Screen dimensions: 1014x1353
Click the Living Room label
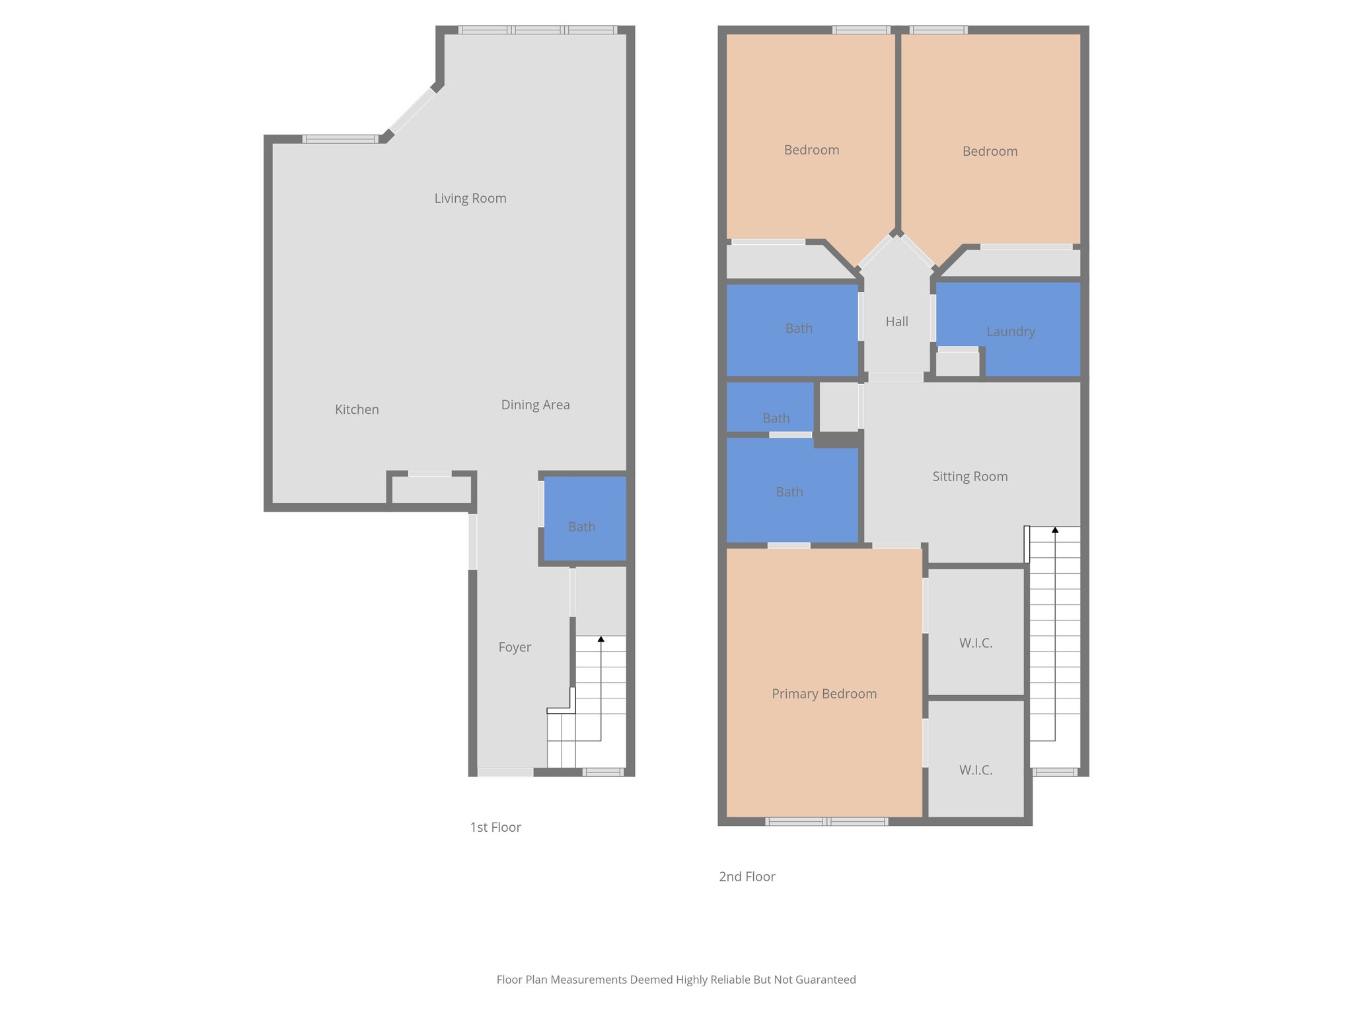pyautogui.click(x=470, y=198)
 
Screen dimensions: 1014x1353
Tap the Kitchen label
pyautogui.click(x=357, y=409)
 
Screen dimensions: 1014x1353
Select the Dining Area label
pyautogui.click(x=535, y=405)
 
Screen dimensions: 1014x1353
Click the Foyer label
pyautogui.click(x=515, y=647)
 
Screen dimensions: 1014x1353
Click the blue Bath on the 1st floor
pyautogui.click(x=581, y=526)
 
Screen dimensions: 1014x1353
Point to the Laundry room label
pyautogui.click(x=1010, y=331)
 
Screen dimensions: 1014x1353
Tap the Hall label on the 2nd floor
pyautogui.click(x=896, y=321)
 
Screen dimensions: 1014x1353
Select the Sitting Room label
pyautogui.click(x=970, y=476)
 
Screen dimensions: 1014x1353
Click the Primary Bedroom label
pyautogui.click(x=824, y=693)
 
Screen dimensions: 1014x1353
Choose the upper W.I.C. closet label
pyautogui.click(x=976, y=642)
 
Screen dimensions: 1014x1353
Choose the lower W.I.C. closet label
pyautogui.click(x=976, y=770)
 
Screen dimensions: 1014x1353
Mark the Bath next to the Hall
pyautogui.click(x=798, y=328)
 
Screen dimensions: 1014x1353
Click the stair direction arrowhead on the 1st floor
pyautogui.click(x=601, y=639)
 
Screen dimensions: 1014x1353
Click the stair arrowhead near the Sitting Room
pyautogui.click(x=1055, y=529)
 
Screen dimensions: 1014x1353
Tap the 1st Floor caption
pyautogui.click(x=495, y=827)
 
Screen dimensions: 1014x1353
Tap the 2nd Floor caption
pyautogui.click(x=747, y=877)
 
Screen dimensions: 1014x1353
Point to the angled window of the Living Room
pyautogui.click(x=412, y=111)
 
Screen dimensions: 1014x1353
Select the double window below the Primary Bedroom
pyautogui.click(x=826, y=821)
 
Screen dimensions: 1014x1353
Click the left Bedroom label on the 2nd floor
pyautogui.click(x=811, y=150)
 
